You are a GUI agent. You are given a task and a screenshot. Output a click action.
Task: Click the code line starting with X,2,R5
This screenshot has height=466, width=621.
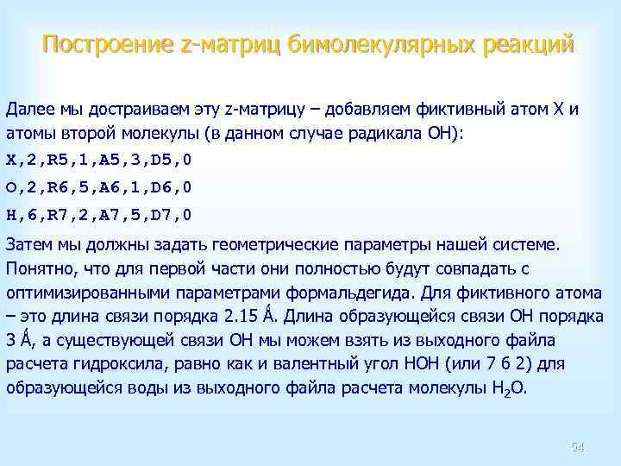[99, 160]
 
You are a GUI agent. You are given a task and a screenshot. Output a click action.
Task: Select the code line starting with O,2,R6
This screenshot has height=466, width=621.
[99, 186]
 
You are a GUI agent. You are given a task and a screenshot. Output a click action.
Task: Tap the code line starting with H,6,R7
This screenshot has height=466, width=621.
[99, 214]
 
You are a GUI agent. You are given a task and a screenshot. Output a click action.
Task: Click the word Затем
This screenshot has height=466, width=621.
[28, 244]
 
